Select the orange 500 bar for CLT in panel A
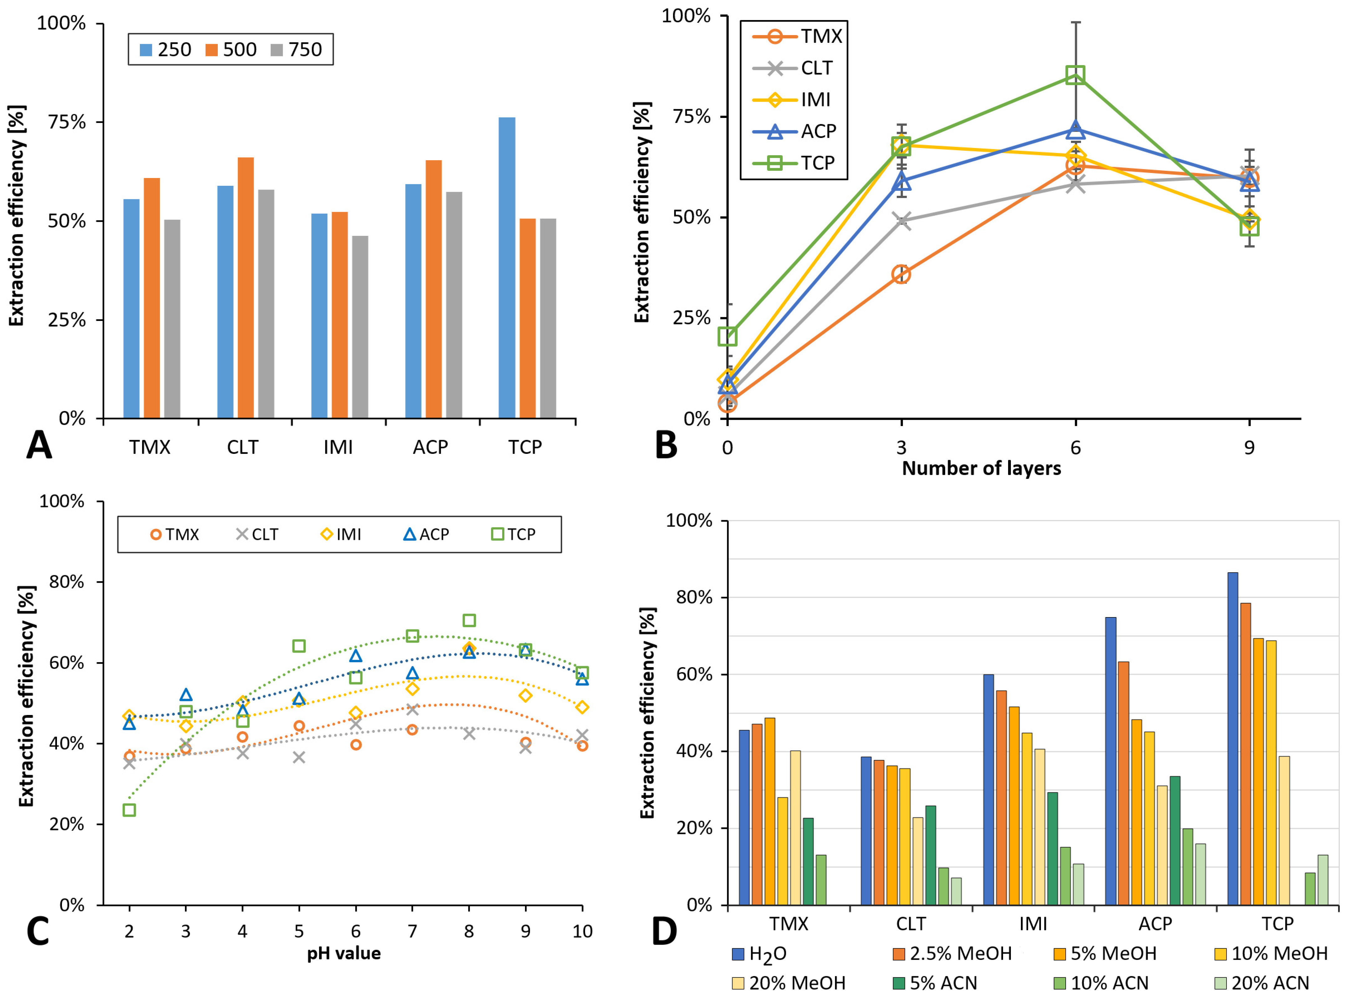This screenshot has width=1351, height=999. click(x=246, y=288)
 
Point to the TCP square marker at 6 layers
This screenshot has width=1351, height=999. click(x=1075, y=75)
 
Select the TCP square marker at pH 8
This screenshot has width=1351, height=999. click(x=469, y=621)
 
